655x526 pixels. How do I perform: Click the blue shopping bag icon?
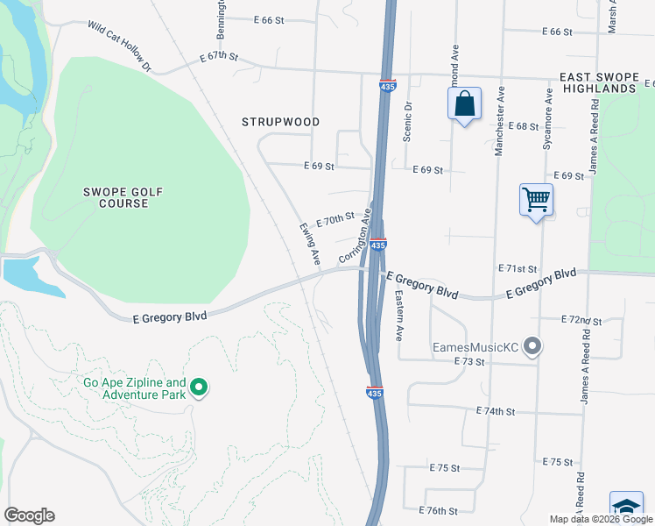(464, 104)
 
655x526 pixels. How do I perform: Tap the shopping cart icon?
(536, 200)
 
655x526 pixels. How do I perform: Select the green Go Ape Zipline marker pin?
(199, 387)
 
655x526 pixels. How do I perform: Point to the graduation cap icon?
(626, 508)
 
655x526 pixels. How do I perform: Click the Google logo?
(29, 515)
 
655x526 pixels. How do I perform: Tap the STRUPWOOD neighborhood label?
(281, 122)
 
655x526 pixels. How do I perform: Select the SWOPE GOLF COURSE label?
(123, 197)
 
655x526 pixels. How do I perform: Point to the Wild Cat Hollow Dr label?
(120, 47)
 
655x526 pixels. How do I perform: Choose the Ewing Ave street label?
(308, 244)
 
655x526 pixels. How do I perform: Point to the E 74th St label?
(496, 410)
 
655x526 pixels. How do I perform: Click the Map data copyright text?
(600, 519)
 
